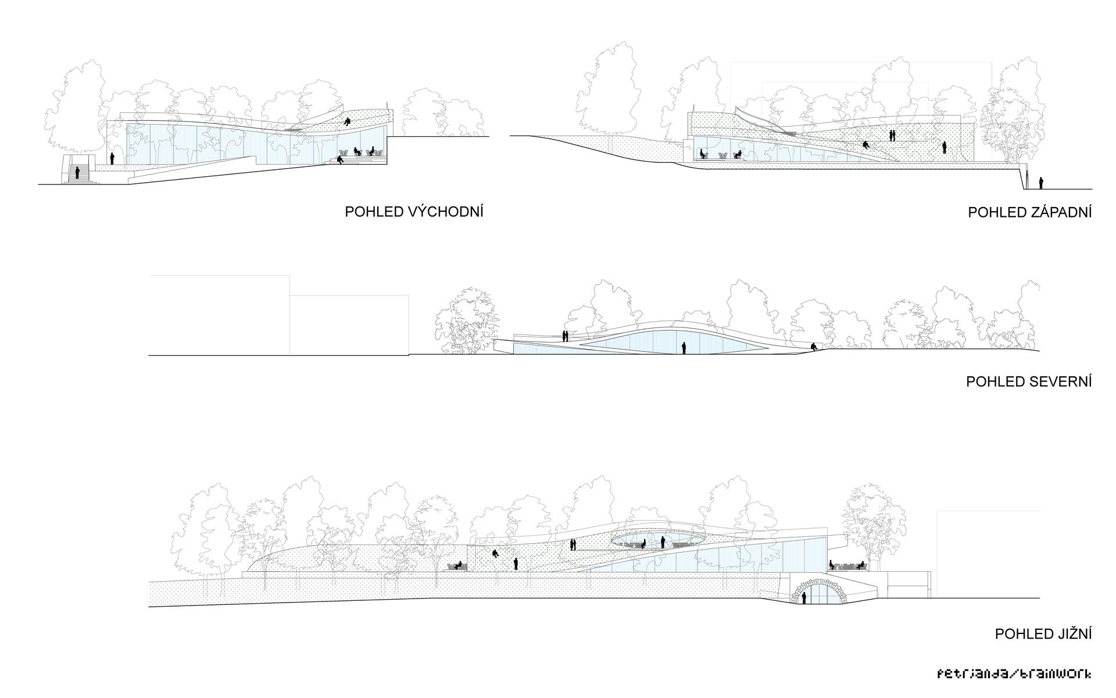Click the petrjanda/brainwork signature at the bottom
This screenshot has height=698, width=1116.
(1014, 674)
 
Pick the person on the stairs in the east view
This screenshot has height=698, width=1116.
(77, 173)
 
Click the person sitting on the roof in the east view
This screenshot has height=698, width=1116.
(348, 122)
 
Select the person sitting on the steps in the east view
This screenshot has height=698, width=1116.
(340, 159)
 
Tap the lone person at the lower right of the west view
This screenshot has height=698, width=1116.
(1040, 183)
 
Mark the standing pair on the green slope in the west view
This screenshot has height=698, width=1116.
(892, 136)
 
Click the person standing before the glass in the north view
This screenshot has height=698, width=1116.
(684, 348)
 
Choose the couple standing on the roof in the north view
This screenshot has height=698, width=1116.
(564, 336)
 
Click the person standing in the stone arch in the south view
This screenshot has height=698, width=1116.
(804, 597)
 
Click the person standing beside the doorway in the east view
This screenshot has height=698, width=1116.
(113, 158)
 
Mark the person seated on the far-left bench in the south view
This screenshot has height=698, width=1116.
(459, 565)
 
